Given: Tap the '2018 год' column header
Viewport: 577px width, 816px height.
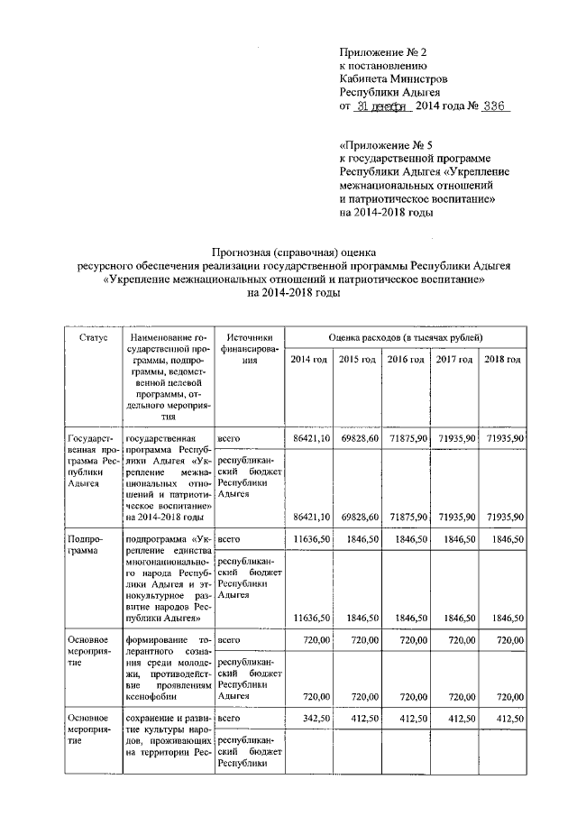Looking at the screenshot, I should click(x=503, y=360).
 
